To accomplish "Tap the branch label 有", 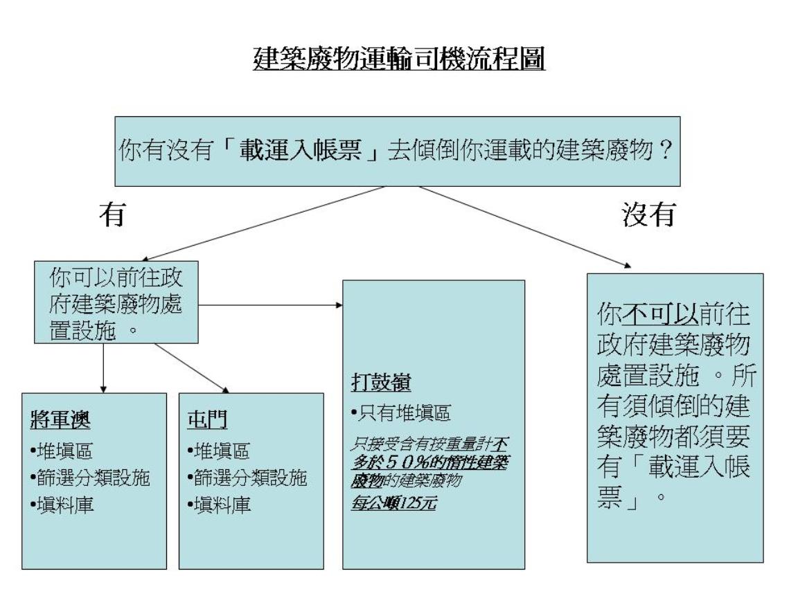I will click(112, 217).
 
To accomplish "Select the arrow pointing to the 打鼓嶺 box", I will click(270, 305).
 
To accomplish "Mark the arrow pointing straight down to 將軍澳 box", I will click(103, 367).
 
